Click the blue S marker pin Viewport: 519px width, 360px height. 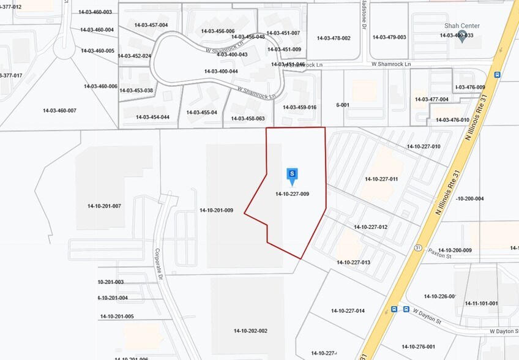click(x=293, y=175)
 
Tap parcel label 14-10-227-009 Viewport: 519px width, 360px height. click(x=292, y=194)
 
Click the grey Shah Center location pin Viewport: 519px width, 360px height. click(x=462, y=34)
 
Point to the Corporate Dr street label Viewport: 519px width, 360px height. click(x=157, y=264)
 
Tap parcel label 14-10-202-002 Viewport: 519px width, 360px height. click(x=250, y=331)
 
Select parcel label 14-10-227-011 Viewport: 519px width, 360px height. click(x=381, y=179)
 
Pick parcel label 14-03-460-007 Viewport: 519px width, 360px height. click(x=59, y=110)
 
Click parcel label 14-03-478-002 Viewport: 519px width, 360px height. click(x=334, y=38)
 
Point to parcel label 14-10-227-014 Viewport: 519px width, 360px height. click(x=348, y=310)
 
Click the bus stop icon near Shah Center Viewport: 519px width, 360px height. click(x=497, y=75)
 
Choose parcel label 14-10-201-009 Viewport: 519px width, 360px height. click(x=216, y=210)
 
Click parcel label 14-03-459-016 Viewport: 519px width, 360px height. click(x=299, y=107)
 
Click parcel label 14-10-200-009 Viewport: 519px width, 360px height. click(x=455, y=250)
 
